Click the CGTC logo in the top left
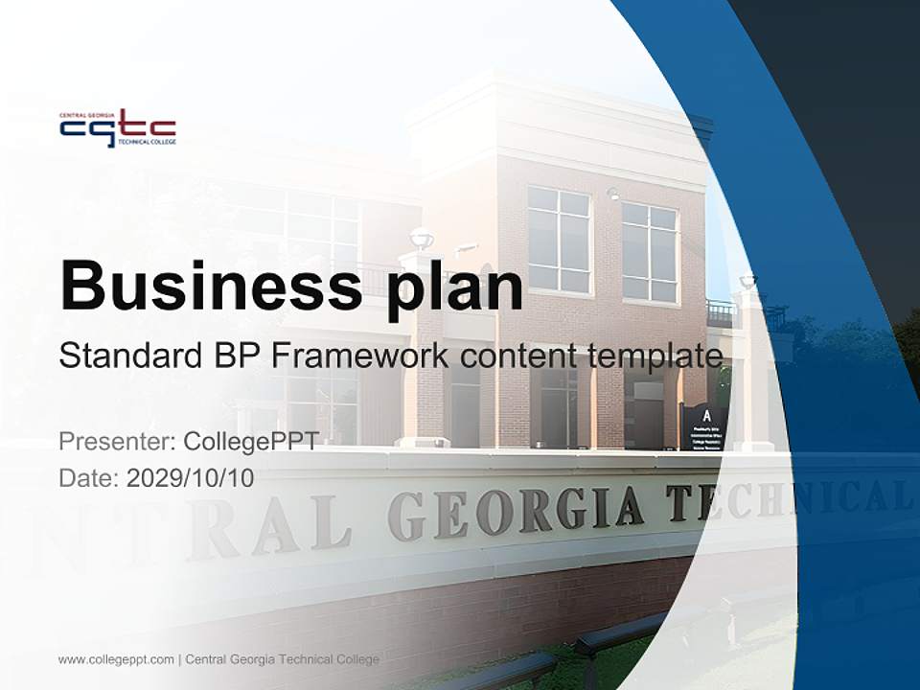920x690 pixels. [117, 128]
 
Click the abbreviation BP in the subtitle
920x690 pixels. [240, 356]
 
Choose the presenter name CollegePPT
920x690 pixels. [250, 442]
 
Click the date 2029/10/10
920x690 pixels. [191, 477]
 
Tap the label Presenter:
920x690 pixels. [117, 442]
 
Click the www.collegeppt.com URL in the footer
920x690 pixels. [116, 659]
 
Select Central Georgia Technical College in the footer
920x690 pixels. [283, 659]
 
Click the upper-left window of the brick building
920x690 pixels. [559, 240]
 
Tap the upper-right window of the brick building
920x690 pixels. [650, 252]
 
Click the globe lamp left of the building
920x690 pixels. [421, 238]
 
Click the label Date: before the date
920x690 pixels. [89, 477]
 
